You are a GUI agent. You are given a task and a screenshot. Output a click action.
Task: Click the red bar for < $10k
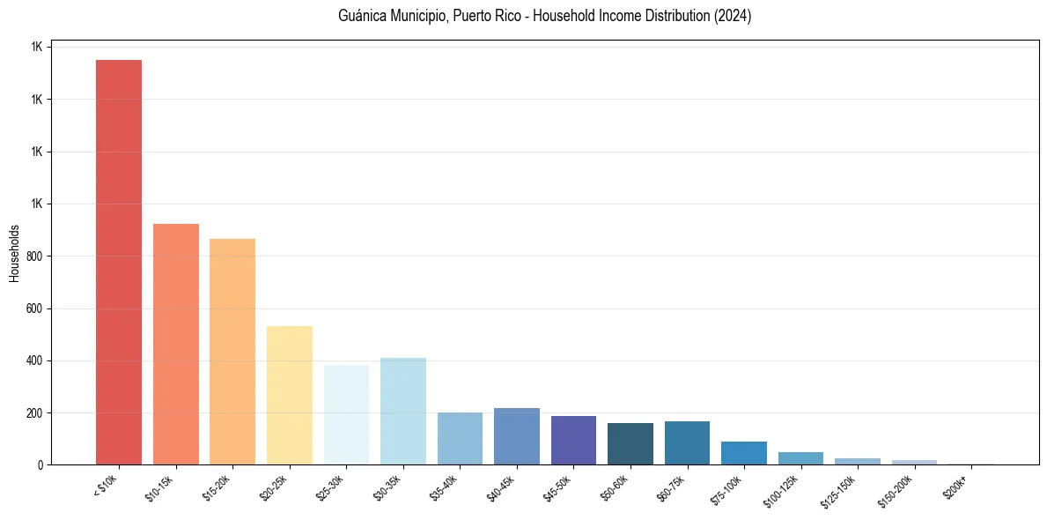coord(119,262)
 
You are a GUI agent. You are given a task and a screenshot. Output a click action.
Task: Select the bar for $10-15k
coord(176,344)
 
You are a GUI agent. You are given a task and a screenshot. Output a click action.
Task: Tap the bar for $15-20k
coord(232,352)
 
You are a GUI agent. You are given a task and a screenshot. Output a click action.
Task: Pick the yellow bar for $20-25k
coord(290,395)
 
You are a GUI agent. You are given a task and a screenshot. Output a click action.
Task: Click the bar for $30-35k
coord(403,411)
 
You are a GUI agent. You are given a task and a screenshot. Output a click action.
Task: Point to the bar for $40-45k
coord(517,436)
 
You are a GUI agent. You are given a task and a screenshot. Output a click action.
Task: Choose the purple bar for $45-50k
coord(573,440)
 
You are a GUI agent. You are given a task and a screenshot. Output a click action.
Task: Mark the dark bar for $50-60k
coord(630,443)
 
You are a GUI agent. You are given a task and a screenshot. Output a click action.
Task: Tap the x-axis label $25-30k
coord(330,487)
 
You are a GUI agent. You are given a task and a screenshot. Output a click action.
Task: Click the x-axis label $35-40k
coord(444,487)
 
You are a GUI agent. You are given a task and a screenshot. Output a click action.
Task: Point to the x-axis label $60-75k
coord(671,487)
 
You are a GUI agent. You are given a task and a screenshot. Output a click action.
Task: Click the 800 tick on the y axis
coord(36,256)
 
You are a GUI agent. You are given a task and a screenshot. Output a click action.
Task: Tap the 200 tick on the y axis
coord(36,412)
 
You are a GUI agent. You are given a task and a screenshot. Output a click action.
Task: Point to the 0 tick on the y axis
coord(41,464)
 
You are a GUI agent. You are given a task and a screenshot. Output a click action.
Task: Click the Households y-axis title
coord(14,253)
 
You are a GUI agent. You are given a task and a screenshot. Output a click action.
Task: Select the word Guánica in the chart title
coord(362,16)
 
